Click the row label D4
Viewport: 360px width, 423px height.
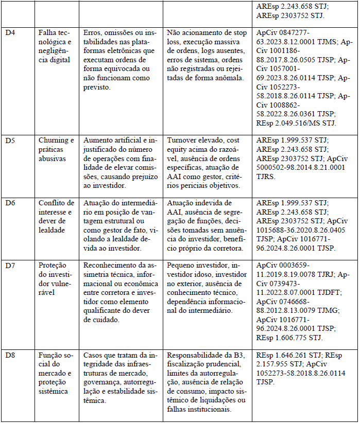(x=10, y=32)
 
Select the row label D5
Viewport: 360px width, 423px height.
(x=10, y=140)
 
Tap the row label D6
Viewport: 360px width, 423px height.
(x=10, y=203)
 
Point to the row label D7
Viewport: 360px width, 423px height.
(x=10, y=265)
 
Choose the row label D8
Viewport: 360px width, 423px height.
(x=10, y=355)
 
